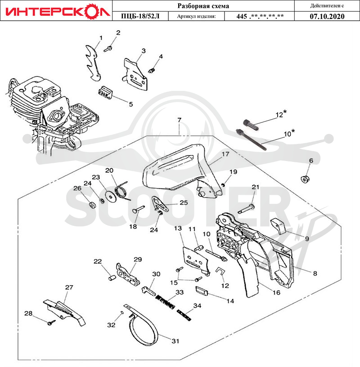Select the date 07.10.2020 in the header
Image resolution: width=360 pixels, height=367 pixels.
click(x=327, y=16)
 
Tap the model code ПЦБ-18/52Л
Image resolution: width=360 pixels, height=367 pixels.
click(x=140, y=16)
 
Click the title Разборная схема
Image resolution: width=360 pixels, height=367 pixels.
click(x=203, y=6)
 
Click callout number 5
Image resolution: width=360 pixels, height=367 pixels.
click(x=130, y=104)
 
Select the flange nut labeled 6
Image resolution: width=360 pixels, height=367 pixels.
click(x=305, y=179)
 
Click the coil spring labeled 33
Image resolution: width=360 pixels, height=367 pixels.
click(x=165, y=302)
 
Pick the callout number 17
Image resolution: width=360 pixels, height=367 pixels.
click(x=225, y=154)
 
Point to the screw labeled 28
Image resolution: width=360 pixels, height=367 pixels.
click(x=51, y=322)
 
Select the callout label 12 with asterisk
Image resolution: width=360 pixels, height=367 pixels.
click(x=281, y=114)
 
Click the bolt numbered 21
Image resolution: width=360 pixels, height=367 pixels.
click(x=246, y=209)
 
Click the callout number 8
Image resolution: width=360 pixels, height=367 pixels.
click(x=315, y=273)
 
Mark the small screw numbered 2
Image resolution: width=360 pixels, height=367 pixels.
click(x=108, y=49)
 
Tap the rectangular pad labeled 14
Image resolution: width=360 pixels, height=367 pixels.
click(x=201, y=291)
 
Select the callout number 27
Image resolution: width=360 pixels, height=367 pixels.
click(x=69, y=287)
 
